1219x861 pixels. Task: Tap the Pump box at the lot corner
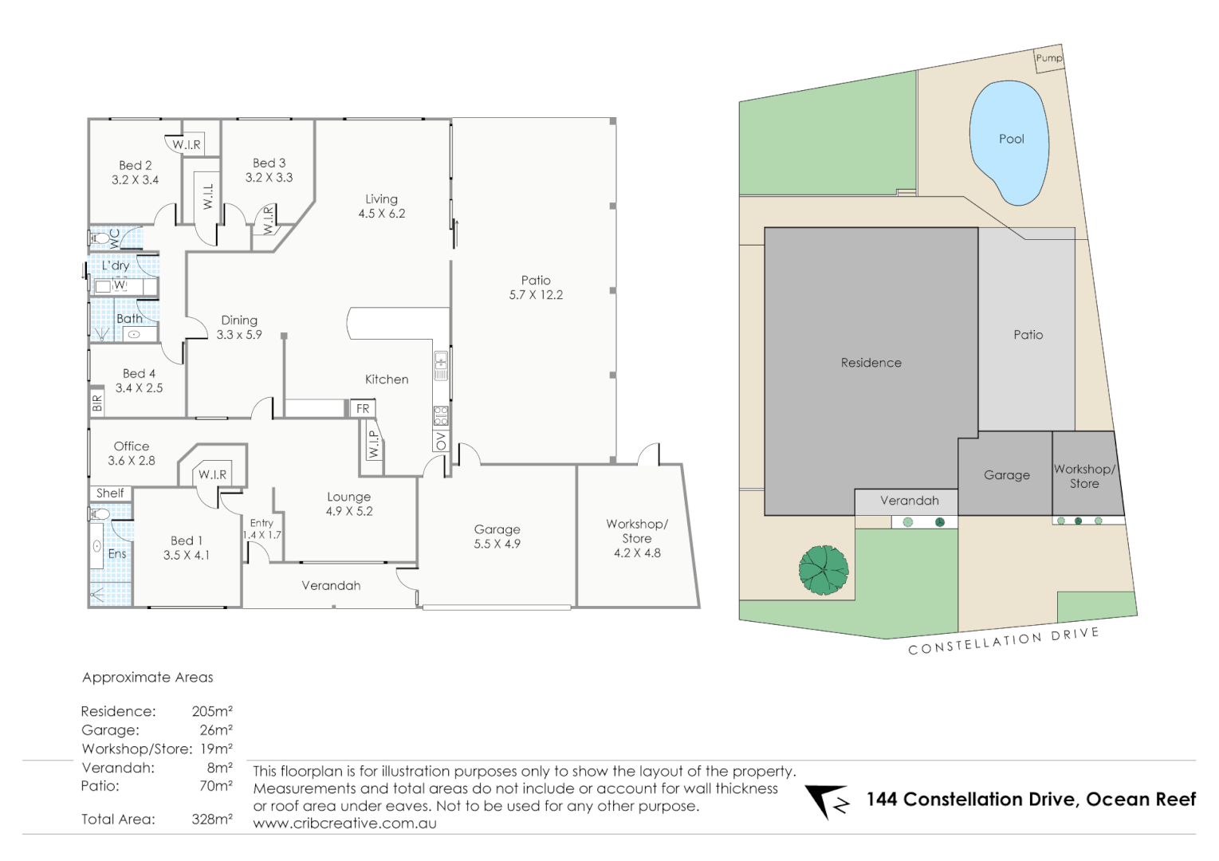[1048, 58]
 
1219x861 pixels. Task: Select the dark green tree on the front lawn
[824, 569]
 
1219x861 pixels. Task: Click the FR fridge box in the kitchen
[363, 409]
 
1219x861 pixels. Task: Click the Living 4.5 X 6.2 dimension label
[381, 206]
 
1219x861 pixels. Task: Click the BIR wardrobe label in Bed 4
[97, 403]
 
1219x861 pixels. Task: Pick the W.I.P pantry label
[373, 445]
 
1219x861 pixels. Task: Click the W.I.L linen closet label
[208, 196]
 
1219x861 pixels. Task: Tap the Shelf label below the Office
[110, 493]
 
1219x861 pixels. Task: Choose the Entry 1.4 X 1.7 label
[261, 529]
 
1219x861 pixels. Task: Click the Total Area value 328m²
[211, 819]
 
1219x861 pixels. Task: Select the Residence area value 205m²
[211, 711]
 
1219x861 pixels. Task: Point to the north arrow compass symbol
[827, 801]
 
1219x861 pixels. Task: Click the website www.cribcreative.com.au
[344, 824]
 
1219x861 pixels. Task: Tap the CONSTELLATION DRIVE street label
[1003, 641]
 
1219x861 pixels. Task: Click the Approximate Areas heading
[147, 678]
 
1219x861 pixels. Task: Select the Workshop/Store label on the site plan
[1084, 476]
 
